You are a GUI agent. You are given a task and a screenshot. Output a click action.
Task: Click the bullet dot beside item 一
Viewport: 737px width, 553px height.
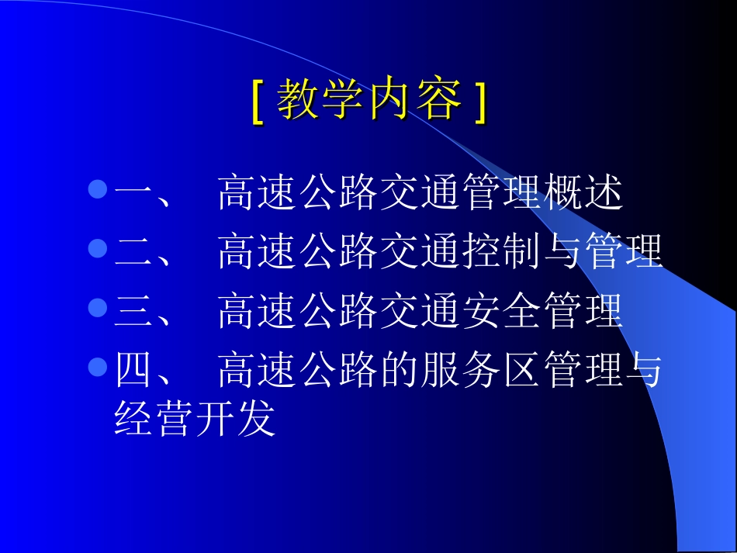(x=97, y=189)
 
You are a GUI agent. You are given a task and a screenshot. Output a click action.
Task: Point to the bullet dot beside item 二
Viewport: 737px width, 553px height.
(x=97, y=248)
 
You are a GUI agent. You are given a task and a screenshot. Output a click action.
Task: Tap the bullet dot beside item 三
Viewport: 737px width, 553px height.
(x=97, y=308)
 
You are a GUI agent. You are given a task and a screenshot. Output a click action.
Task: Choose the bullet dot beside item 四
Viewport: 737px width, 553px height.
(x=97, y=367)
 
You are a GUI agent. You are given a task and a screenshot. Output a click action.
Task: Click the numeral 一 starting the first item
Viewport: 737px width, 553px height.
(x=133, y=194)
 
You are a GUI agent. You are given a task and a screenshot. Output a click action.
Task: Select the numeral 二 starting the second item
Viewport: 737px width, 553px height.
(x=133, y=253)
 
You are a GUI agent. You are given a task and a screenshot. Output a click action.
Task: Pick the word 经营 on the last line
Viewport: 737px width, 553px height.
(x=154, y=420)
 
